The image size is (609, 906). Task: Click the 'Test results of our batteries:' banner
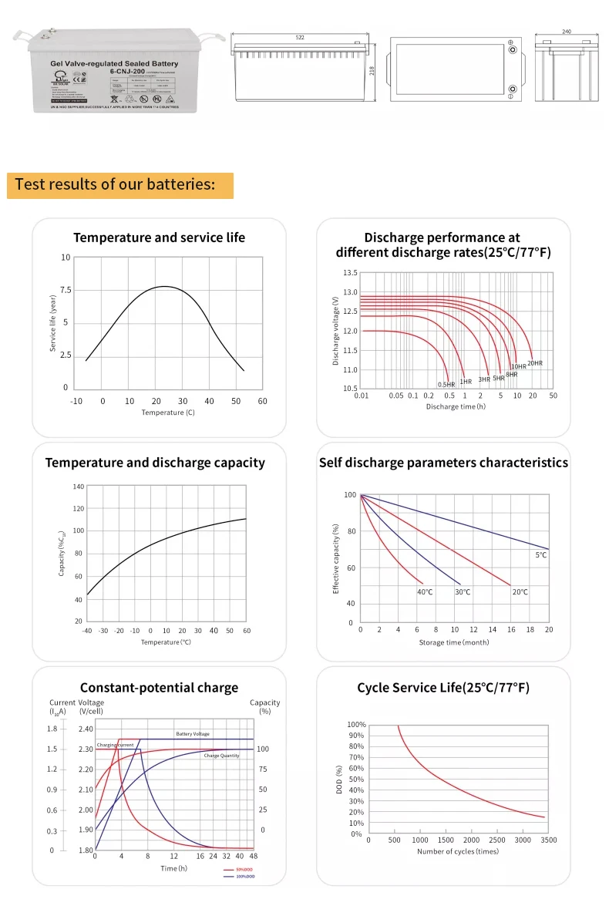tap(116, 185)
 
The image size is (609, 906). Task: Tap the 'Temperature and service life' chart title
tap(159, 237)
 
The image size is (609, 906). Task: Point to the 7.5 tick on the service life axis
tap(66, 290)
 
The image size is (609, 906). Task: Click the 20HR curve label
tap(535, 362)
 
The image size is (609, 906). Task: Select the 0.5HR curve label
tap(446, 384)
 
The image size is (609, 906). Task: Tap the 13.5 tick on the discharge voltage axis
tap(350, 273)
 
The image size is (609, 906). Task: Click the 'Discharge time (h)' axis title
tap(456, 406)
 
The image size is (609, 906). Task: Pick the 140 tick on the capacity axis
tap(79, 487)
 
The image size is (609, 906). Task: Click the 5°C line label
tap(541, 555)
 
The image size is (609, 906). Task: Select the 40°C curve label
tap(425, 592)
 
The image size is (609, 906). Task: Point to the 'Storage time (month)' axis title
tap(454, 642)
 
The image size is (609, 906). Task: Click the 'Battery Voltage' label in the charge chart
tap(192, 734)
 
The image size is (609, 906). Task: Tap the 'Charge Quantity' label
tap(221, 756)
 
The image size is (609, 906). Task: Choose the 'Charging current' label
tap(116, 745)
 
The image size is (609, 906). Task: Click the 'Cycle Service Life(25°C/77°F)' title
tap(443, 688)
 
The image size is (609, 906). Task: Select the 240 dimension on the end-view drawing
tap(566, 32)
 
